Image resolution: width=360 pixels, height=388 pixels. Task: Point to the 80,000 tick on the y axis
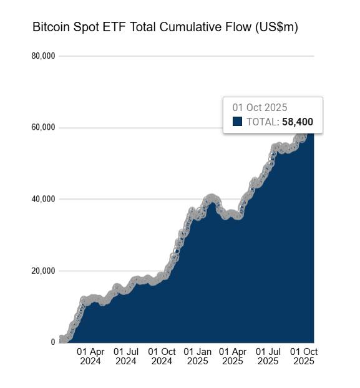(43, 56)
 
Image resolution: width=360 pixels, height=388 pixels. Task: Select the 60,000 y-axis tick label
(43, 127)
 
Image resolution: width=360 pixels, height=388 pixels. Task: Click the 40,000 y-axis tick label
(43, 199)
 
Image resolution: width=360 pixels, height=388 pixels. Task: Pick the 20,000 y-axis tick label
(43, 271)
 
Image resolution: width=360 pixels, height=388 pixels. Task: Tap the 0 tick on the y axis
(53, 342)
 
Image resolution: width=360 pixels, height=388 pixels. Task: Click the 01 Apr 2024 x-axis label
(90, 356)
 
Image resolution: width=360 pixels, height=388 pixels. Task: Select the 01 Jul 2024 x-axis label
(126, 356)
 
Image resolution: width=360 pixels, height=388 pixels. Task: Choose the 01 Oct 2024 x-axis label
(162, 356)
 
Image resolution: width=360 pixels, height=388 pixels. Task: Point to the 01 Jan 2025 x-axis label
(198, 356)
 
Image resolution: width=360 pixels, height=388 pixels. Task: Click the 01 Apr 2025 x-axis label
(233, 356)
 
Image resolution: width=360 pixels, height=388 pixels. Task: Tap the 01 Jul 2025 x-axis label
(268, 356)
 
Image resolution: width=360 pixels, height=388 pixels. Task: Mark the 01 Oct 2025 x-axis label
(304, 356)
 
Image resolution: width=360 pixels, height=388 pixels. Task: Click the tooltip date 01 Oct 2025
(260, 108)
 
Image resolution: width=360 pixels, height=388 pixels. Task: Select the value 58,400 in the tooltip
(297, 122)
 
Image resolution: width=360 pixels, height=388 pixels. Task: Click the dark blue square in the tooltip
(237, 122)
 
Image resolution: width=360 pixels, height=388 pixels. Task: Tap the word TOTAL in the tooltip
(261, 122)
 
